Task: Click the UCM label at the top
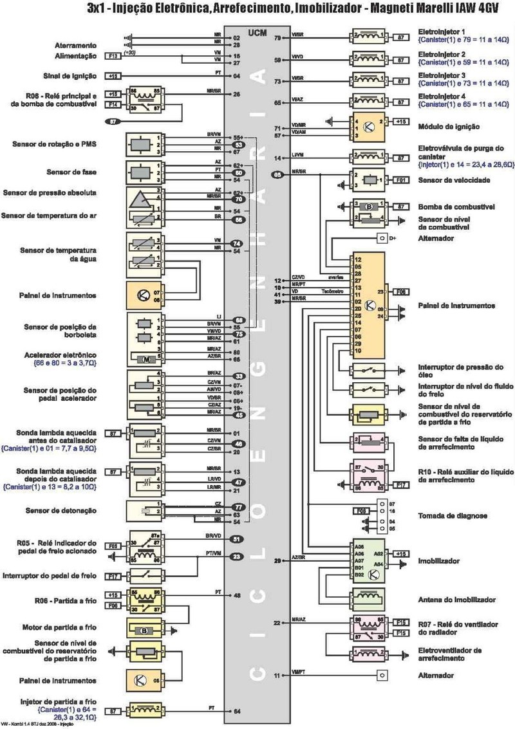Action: [257, 31]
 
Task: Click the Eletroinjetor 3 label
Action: [442, 75]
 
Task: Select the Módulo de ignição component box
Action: [365, 127]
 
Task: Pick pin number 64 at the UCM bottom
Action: [237, 711]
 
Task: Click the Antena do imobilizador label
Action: [456, 599]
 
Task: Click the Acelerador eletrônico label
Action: [64, 355]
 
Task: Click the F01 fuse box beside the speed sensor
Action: [401, 180]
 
